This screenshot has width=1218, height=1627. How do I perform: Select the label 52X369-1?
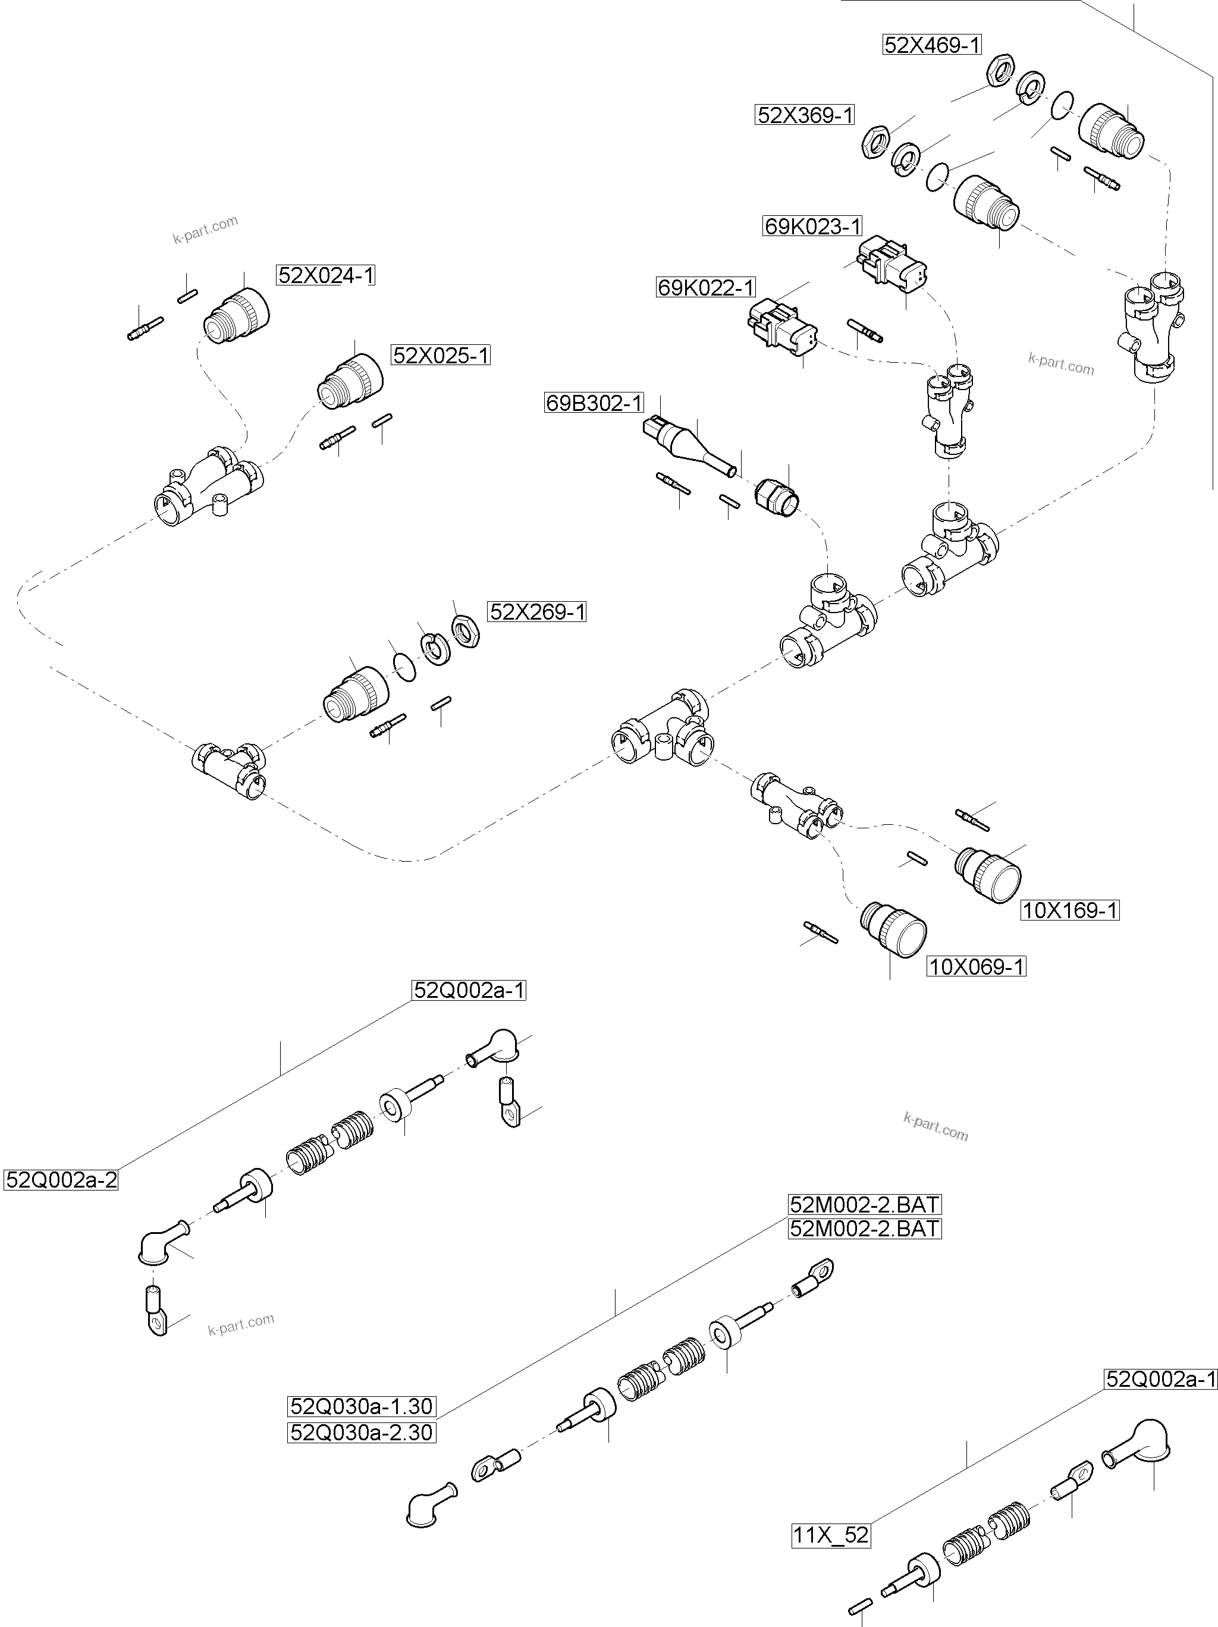click(805, 115)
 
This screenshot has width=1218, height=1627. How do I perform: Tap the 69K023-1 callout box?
click(812, 227)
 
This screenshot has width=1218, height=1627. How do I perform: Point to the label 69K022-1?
click(706, 287)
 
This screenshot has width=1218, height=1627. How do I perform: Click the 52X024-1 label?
click(326, 275)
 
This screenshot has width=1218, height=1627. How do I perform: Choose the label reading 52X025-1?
click(441, 355)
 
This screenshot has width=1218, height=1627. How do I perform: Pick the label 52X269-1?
click(537, 611)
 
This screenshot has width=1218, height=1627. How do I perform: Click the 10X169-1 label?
click(1070, 910)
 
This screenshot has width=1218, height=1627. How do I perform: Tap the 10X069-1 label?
click(976, 966)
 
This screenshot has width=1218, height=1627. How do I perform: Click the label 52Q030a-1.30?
click(361, 1406)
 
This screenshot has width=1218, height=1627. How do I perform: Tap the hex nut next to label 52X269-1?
click(466, 630)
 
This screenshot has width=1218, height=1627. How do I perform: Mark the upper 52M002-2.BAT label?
click(864, 1204)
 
